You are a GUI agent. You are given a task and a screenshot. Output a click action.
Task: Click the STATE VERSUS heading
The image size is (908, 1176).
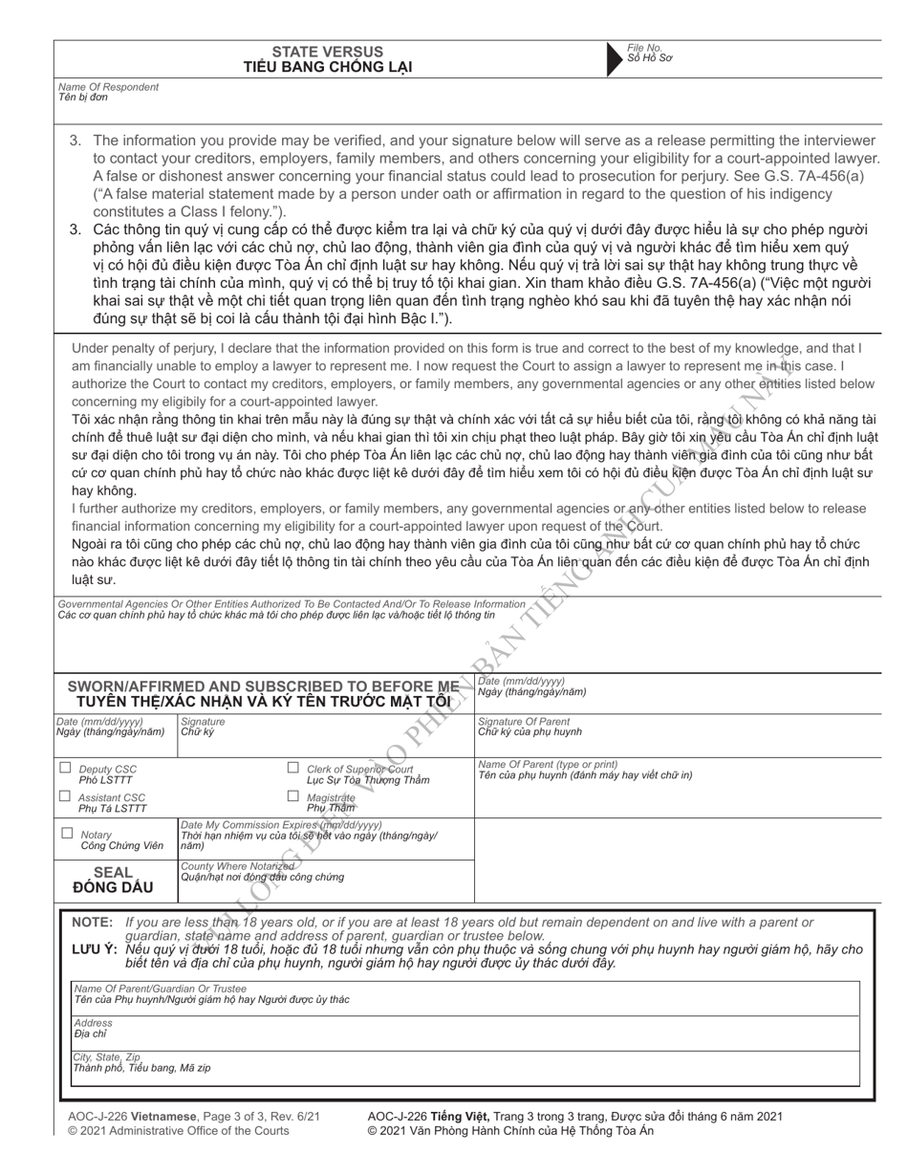point(327,52)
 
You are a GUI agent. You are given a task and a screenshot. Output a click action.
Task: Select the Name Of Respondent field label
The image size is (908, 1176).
point(108,87)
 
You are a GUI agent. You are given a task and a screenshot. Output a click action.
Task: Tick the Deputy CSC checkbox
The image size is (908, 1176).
point(65,768)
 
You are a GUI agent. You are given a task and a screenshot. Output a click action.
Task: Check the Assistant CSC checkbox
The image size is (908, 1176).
point(65,796)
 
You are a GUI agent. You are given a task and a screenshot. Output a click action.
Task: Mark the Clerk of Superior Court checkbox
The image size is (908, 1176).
point(293,768)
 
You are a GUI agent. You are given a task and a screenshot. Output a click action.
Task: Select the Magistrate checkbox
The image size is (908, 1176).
point(293,796)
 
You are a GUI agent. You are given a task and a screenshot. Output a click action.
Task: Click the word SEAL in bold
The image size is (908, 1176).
point(112,872)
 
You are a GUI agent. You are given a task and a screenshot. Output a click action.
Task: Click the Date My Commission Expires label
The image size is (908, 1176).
point(281,824)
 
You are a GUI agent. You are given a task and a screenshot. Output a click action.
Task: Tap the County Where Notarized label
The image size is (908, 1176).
point(237,866)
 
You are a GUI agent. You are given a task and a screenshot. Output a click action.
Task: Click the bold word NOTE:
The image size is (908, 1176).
point(93,923)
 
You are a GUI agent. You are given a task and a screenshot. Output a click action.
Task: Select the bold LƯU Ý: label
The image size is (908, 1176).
point(95,949)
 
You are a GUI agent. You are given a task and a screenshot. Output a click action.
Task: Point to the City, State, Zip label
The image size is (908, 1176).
point(106,1056)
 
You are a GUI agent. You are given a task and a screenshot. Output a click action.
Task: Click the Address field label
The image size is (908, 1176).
point(93,1023)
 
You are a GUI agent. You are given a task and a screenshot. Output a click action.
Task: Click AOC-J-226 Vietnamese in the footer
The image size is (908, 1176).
point(132,1116)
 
